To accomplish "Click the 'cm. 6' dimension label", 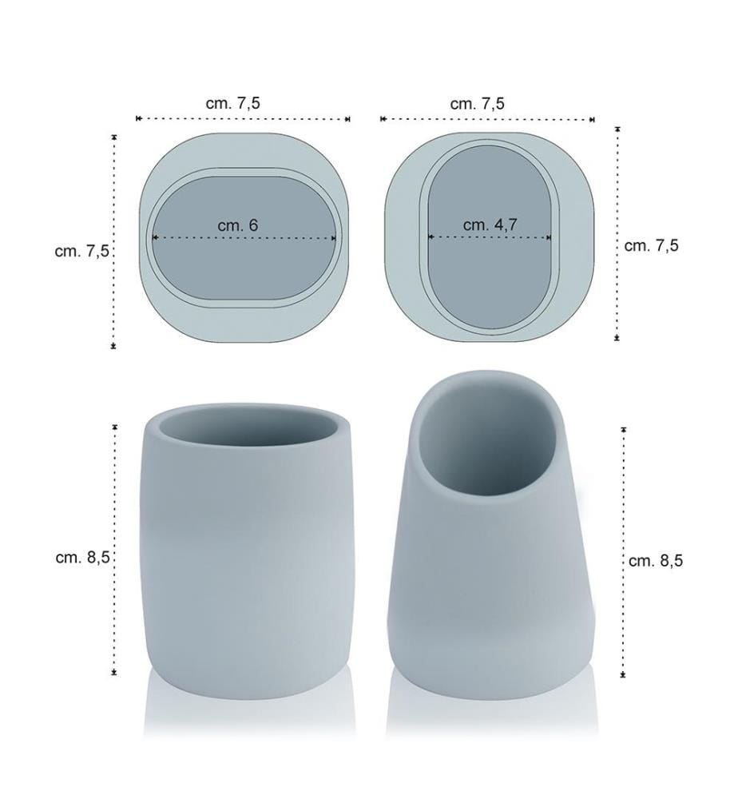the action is tap(238, 225).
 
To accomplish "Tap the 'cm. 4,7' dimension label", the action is tap(490, 225).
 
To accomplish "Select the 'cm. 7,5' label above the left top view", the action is tap(232, 103).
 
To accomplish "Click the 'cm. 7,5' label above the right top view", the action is tap(478, 103).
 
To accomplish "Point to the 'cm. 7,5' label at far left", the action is tap(82, 251).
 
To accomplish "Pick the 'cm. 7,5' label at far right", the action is tap(652, 245).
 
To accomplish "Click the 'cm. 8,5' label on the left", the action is tap(82, 557).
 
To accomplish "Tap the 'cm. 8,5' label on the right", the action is tap(656, 561).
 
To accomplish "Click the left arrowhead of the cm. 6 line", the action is tap(154, 237).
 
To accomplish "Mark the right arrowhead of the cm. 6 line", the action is tap(334, 237).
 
